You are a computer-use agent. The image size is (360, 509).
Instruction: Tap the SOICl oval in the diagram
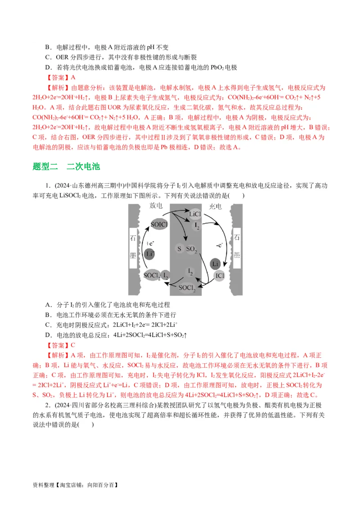click(159, 223)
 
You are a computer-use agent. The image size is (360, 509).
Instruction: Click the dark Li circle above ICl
click(216, 263)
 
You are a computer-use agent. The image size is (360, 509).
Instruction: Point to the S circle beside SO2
click(179, 249)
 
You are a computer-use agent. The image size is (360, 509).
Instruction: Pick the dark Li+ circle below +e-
click(150, 254)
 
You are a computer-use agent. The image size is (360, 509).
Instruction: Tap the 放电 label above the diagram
click(156, 206)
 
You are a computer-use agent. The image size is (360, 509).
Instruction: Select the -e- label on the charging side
click(219, 245)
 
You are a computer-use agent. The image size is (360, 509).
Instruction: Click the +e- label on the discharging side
click(151, 243)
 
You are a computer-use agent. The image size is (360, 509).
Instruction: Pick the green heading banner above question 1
click(66, 168)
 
